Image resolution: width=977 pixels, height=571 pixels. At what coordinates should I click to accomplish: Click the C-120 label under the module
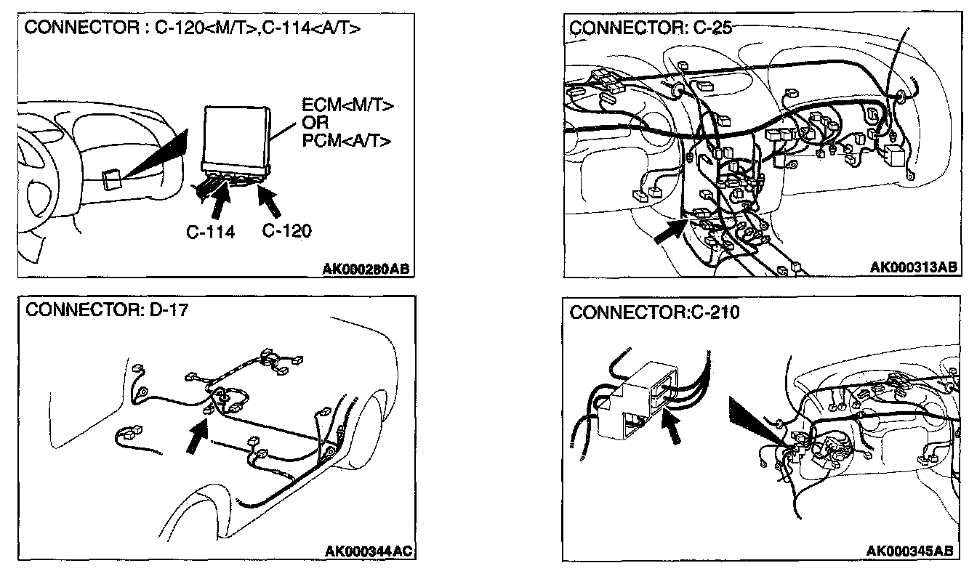pyautogui.click(x=286, y=232)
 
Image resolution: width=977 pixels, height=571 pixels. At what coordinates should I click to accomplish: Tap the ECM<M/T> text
pyautogui.click(x=347, y=107)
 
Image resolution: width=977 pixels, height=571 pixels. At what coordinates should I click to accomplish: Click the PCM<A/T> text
pyautogui.click(x=347, y=139)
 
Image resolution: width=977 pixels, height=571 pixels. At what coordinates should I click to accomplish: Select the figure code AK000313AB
pyautogui.click(x=913, y=267)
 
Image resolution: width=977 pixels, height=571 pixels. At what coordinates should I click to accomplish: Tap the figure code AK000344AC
pyautogui.click(x=369, y=551)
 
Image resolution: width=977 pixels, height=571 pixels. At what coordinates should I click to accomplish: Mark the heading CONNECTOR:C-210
pyautogui.click(x=654, y=313)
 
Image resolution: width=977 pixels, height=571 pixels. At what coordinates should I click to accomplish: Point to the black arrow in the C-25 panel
pyautogui.click(x=670, y=233)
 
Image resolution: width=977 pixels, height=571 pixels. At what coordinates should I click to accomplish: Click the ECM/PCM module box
pyautogui.click(x=236, y=135)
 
